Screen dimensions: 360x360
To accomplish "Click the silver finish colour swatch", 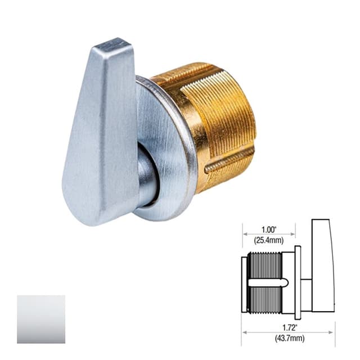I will (40, 319).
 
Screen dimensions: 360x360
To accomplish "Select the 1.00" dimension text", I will (268, 230).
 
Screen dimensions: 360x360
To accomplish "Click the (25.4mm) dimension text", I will (268, 240).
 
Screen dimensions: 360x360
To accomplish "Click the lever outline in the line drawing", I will (322, 264).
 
